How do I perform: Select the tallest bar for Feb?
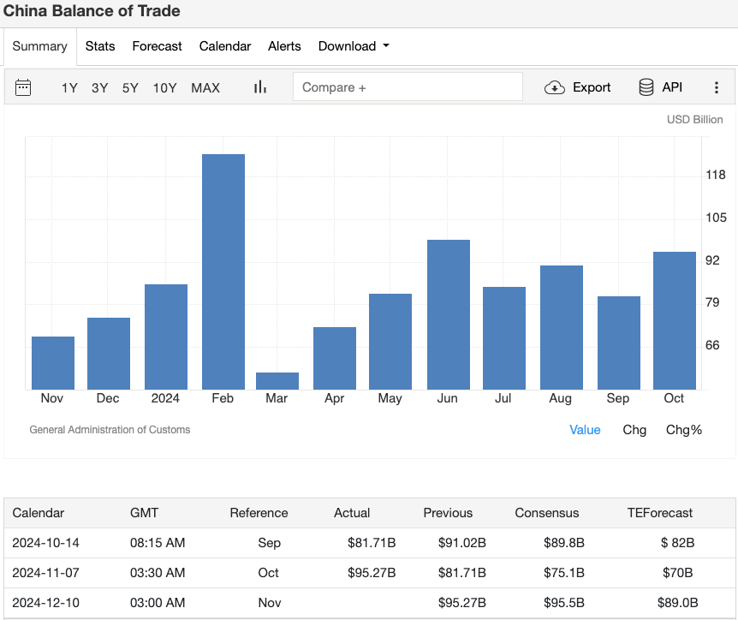point(223,271)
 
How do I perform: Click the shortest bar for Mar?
point(277,381)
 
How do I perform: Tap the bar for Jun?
point(449,314)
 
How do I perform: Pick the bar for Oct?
point(674,320)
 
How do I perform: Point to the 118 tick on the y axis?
point(715,176)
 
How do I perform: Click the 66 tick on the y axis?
point(712,345)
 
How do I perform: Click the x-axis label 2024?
point(165,398)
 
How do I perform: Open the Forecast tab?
point(157,46)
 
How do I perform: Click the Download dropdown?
point(354,46)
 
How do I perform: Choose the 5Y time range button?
point(130,87)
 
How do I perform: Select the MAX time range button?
point(205,87)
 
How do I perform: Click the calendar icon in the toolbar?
point(23,87)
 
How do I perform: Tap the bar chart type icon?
point(260,87)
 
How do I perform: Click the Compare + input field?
point(408,87)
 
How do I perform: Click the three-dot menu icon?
point(717,87)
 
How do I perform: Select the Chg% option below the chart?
point(683,430)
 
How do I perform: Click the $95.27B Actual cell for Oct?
point(371,573)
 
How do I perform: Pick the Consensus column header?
point(546,513)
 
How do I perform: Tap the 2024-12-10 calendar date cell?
point(45,603)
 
